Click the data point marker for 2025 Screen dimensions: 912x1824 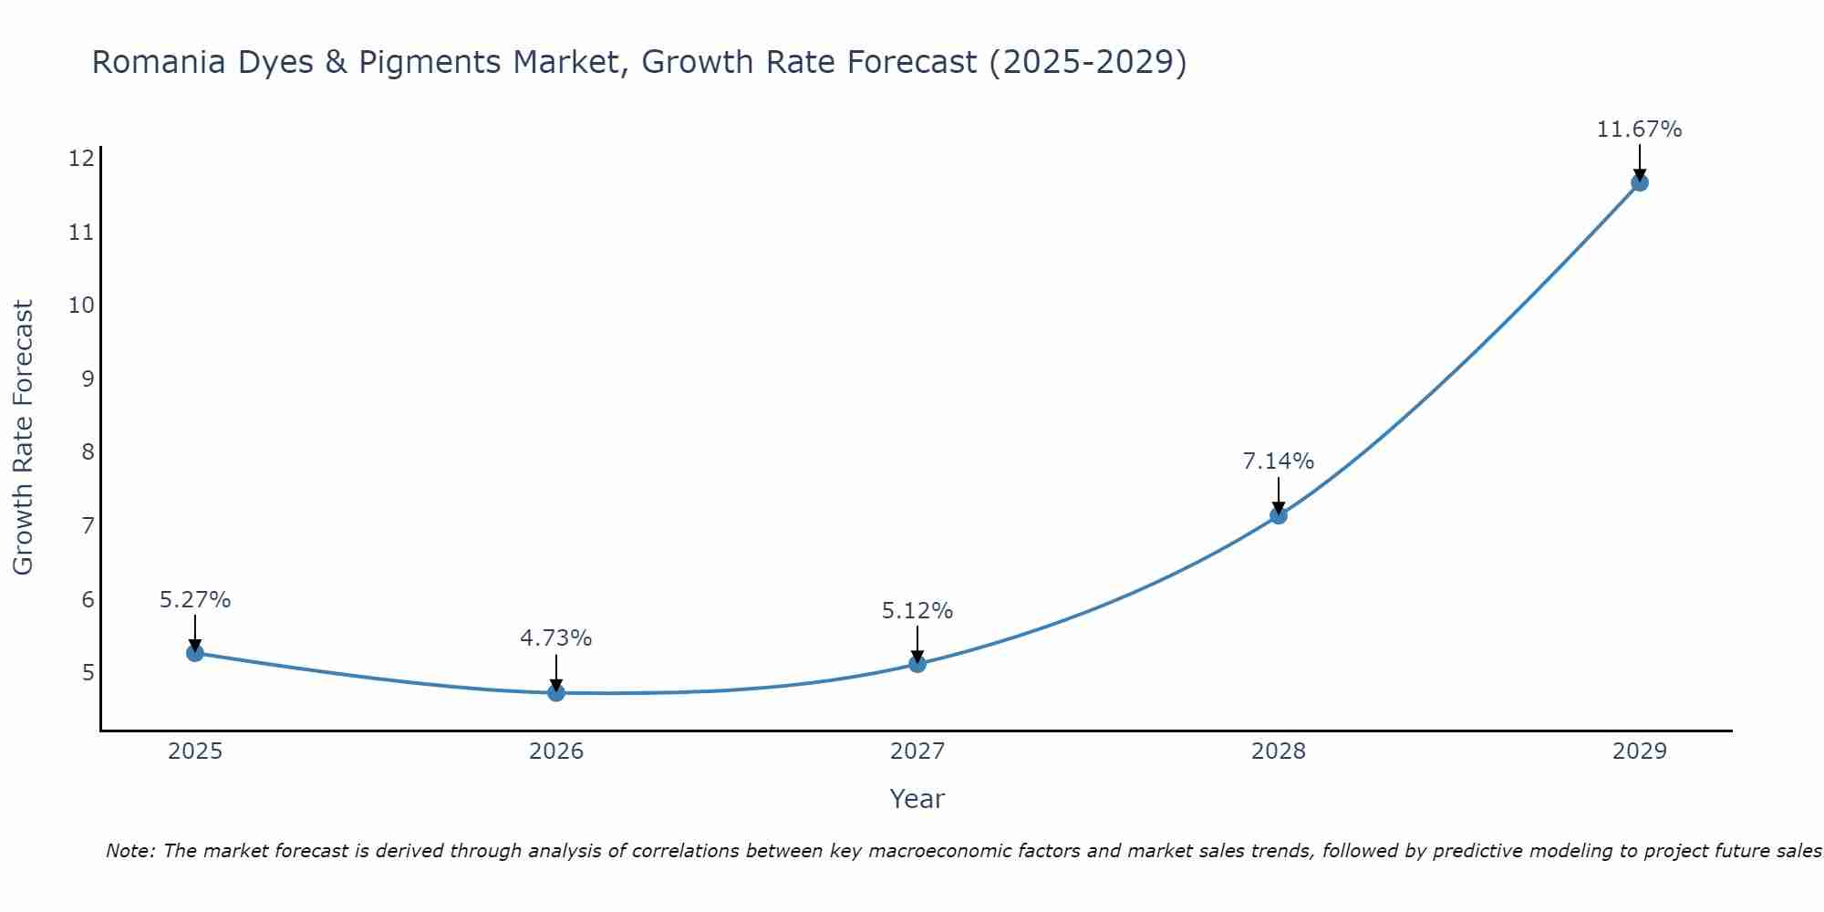(194, 653)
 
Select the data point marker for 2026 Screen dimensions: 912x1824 (556, 692)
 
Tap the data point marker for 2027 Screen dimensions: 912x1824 (917, 664)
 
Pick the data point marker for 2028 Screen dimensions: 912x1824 (1279, 515)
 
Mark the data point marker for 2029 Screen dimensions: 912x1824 (1640, 182)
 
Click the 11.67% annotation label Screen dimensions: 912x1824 (1639, 130)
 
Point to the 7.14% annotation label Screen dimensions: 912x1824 (1279, 461)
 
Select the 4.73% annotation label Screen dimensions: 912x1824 (556, 638)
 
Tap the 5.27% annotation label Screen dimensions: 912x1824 (195, 600)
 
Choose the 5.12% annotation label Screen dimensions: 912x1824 (917, 611)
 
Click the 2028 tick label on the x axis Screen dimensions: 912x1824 (1279, 751)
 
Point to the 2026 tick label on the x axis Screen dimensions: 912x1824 (556, 751)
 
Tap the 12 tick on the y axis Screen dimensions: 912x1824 (81, 159)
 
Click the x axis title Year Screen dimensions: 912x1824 (917, 799)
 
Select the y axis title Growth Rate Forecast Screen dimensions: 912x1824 (23, 438)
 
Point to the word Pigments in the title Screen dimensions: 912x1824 (430, 62)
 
